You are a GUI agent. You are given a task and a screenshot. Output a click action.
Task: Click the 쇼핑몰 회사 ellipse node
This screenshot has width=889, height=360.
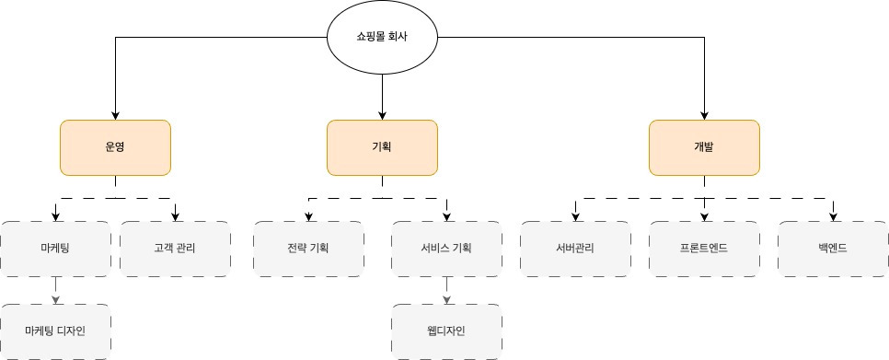[382, 38]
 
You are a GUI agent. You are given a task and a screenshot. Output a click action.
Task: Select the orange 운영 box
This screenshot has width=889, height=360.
[115, 147]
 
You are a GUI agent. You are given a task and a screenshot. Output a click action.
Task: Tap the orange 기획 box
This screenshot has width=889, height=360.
[382, 147]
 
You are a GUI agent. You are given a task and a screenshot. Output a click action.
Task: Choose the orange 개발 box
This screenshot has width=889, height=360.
[704, 147]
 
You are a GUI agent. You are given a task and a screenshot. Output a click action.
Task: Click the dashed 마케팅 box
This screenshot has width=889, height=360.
[55, 249]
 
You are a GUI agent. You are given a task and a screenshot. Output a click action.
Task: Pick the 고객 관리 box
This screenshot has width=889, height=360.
[175, 249]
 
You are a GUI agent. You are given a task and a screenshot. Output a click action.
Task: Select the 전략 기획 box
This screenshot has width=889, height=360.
[308, 249]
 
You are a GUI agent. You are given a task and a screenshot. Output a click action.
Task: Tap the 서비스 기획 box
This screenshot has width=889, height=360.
[446, 249]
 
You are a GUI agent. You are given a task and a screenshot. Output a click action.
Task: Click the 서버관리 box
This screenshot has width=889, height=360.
[575, 249]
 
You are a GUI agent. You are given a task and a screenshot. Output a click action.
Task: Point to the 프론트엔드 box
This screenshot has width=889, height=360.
[704, 249]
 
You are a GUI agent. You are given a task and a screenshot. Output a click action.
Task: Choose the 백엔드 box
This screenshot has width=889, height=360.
[833, 249]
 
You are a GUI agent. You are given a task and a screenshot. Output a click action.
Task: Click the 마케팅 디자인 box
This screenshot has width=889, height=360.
[55, 331]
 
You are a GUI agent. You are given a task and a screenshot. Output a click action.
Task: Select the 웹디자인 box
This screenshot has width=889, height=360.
[446, 331]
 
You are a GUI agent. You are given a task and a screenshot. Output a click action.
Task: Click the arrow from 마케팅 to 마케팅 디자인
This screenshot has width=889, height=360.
[55, 290]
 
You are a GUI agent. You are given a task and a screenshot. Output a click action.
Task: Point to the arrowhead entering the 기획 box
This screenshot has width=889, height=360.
[382, 115]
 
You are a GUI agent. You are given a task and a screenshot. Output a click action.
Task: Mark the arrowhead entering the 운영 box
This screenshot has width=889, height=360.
[115, 115]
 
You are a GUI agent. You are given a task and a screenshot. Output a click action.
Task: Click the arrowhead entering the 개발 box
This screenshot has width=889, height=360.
[704, 115]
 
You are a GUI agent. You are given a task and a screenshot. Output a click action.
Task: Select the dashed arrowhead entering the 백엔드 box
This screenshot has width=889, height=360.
[833, 216]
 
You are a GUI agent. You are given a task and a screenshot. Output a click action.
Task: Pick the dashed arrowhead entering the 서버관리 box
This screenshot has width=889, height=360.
[575, 216]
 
